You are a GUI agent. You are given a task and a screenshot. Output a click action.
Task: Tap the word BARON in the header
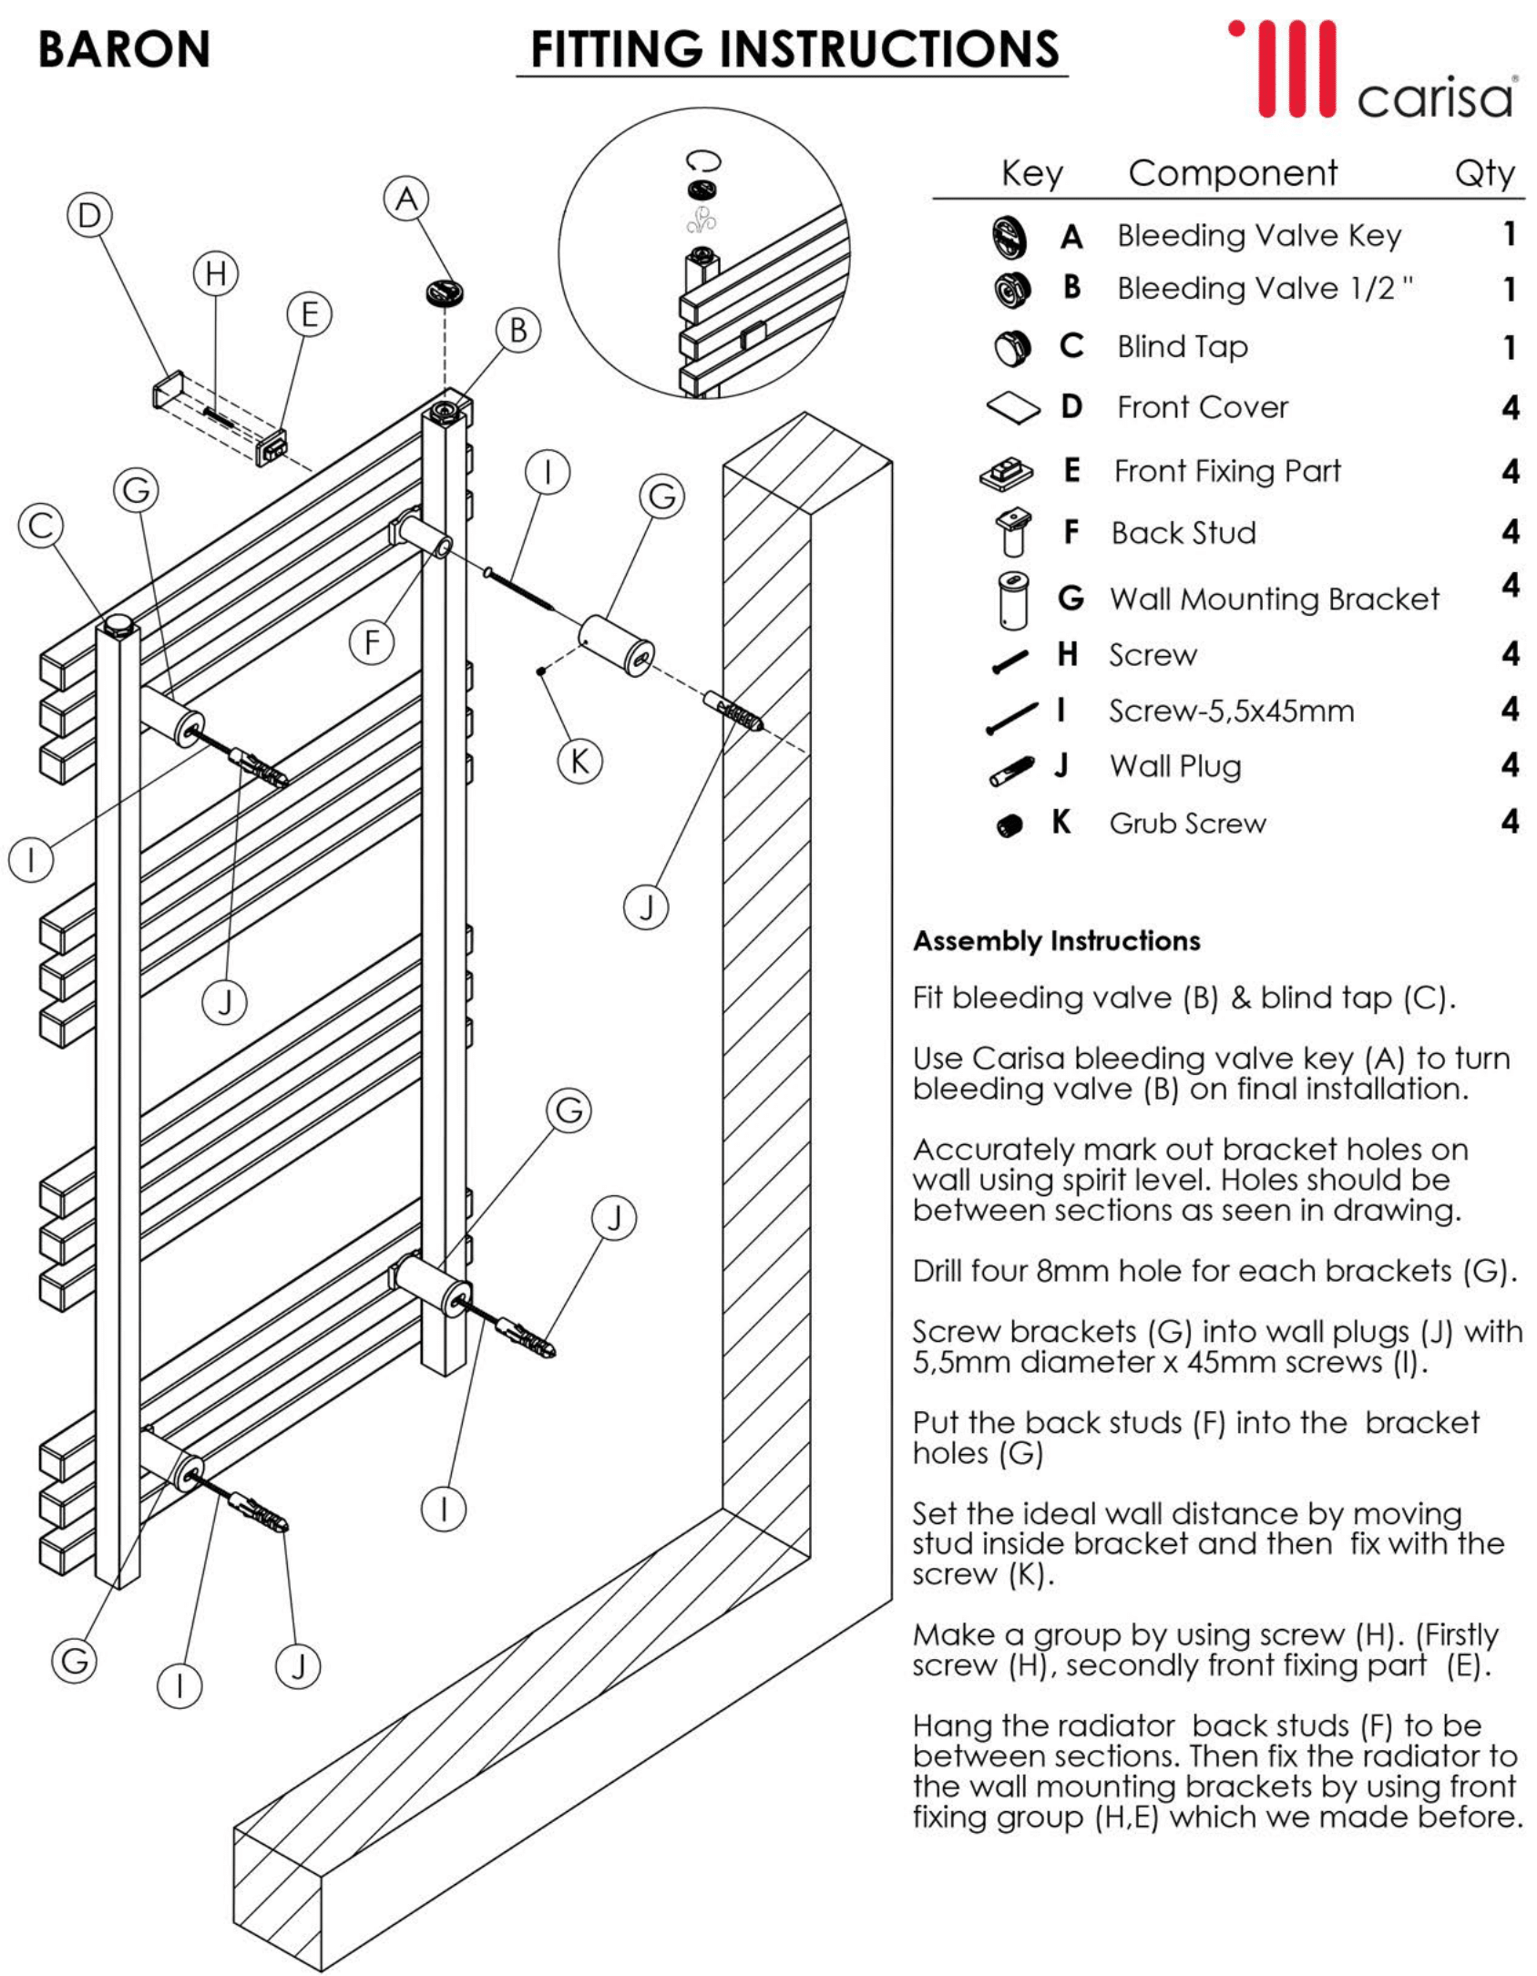(x=124, y=49)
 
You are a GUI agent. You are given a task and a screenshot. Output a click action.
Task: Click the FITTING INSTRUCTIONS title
(x=794, y=49)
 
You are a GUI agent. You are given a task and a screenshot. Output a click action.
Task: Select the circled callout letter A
(x=406, y=199)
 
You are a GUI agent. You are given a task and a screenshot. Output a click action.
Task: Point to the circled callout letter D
(x=89, y=216)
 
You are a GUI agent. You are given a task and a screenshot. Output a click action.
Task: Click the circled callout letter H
(x=216, y=272)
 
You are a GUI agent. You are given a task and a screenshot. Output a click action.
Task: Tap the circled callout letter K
(x=579, y=761)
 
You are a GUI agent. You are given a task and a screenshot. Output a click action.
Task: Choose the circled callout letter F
(x=372, y=642)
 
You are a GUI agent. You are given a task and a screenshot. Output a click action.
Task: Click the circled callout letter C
(x=41, y=526)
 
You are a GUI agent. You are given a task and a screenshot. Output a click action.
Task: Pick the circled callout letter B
(x=518, y=330)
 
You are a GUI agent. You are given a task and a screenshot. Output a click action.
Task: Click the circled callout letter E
(x=309, y=314)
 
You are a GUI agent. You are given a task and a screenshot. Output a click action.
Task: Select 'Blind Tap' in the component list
(x=1182, y=347)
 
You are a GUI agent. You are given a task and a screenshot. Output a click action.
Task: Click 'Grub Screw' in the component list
(x=1187, y=824)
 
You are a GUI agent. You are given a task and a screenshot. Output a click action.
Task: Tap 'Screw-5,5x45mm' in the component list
(x=1231, y=711)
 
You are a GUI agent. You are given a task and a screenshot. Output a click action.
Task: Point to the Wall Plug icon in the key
(x=1011, y=770)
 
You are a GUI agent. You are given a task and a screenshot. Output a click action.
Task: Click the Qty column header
(x=1484, y=173)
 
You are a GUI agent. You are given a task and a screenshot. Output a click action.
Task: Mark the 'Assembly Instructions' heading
(x=1056, y=941)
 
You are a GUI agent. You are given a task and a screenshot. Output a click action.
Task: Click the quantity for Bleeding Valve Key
(x=1509, y=234)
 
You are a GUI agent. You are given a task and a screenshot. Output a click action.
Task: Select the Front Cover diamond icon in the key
(x=1013, y=407)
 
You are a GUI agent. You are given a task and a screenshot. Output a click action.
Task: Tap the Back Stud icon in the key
(x=1012, y=532)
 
